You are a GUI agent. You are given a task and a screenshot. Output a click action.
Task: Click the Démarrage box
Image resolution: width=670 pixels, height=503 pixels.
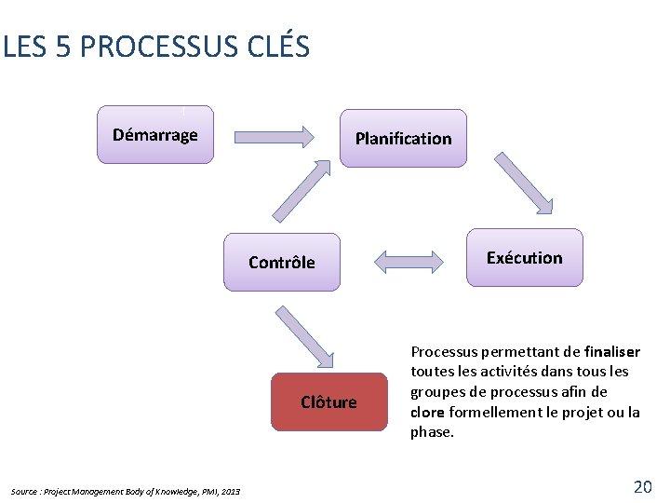click(x=155, y=135)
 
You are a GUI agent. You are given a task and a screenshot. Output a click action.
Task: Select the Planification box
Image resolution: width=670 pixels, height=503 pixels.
click(x=403, y=139)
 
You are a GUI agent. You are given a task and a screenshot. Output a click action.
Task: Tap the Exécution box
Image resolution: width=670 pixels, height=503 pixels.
click(x=525, y=258)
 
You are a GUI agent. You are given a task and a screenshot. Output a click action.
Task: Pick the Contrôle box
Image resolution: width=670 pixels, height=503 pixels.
click(x=282, y=263)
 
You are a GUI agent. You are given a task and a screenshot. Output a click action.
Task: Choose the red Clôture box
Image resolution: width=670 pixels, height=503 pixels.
click(x=328, y=402)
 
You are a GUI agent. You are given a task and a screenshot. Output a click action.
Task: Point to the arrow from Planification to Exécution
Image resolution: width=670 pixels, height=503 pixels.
click(x=524, y=184)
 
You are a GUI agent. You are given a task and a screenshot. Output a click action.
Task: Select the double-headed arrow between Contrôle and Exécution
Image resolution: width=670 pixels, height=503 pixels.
click(x=409, y=260)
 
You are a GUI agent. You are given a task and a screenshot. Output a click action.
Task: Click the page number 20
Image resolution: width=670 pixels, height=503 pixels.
click(x=642, y=486)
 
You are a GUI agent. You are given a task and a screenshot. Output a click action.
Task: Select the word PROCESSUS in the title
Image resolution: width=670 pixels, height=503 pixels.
click(x=152, y=47)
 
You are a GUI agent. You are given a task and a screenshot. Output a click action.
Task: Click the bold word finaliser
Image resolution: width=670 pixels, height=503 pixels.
click(x=612, y=352)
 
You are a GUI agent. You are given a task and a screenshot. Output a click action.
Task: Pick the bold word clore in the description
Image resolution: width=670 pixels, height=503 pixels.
click(x=427, y=412)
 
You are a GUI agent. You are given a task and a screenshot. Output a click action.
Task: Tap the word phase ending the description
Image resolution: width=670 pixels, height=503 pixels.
click(x=431, y=432)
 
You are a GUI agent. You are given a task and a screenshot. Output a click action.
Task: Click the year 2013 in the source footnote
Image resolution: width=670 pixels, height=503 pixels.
click(x=231, y=492)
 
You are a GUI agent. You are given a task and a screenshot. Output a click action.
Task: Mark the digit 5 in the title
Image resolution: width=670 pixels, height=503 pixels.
click(x=63, y=47)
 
